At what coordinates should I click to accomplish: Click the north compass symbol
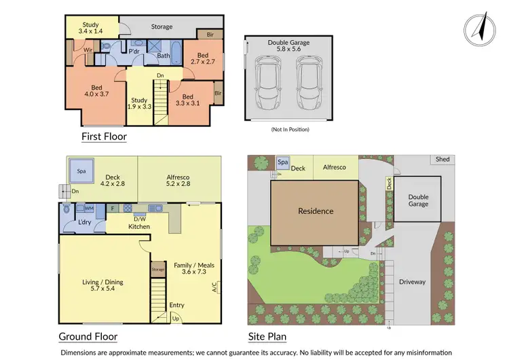478,30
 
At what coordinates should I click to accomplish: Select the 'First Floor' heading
104,137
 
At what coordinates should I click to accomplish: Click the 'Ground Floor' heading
88,336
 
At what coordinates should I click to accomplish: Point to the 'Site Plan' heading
267,336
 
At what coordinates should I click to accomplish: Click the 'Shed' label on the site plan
442,160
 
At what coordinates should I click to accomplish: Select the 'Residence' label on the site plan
316,211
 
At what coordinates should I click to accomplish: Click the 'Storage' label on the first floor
162,27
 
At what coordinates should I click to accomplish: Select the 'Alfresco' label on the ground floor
178,179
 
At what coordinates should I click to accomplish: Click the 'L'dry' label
85,223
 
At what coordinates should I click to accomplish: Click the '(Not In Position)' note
290,129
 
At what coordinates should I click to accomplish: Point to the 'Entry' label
176,306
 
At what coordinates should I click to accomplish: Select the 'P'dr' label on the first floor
134,51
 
